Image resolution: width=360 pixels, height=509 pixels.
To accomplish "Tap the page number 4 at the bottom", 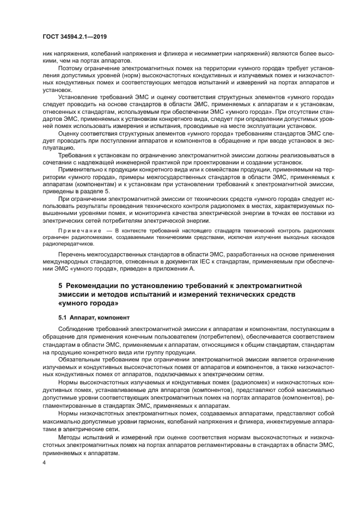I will [x=44, y=462].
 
